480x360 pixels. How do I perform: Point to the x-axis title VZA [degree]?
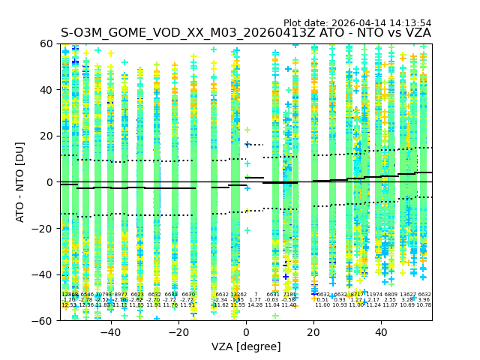click(245, 346)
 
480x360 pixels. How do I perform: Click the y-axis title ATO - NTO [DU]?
click(20, 181)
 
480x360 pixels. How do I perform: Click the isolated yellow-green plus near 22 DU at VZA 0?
click(247, 130)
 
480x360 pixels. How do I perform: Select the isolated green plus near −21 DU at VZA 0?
click(247, 230)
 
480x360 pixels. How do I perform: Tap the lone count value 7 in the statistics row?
click(256, 295)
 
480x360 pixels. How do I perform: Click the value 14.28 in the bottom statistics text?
click(255, 305)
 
